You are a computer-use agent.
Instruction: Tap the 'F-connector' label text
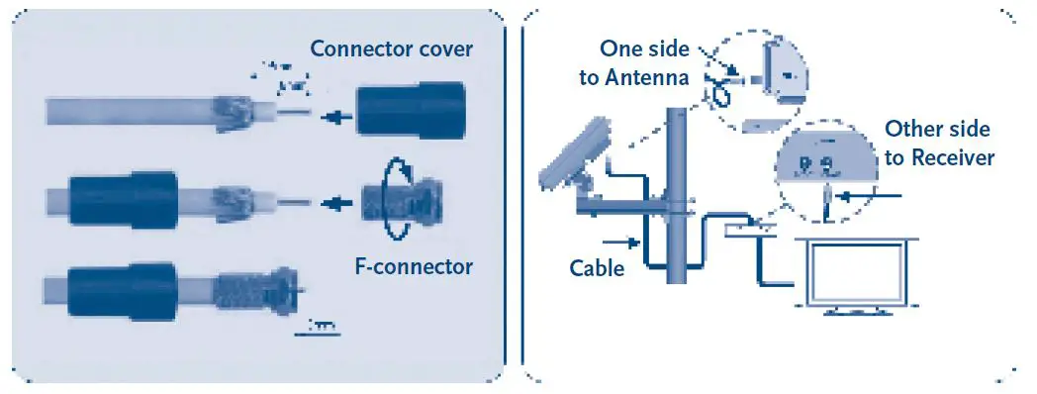click(x=414, y=265)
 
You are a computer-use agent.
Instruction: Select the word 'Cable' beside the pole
click(x=597, y=267)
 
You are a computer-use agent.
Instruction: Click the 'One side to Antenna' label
click(x=633, y=63)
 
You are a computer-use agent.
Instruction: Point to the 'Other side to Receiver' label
click(x=938, y=143)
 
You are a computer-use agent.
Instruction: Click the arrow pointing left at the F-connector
click(x=339, y=205)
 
